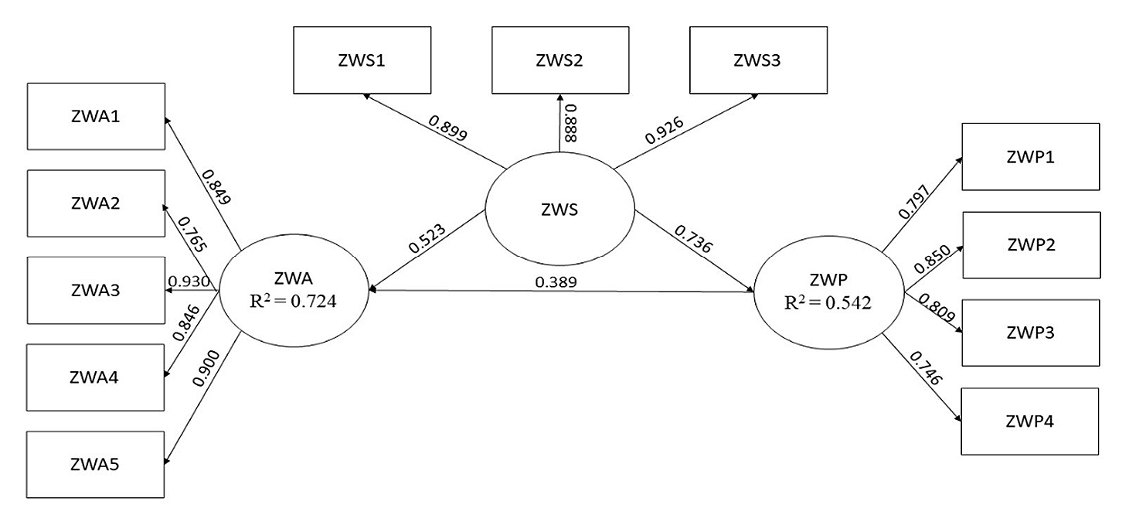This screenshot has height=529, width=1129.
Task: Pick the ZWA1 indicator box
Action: [x=96, y=116]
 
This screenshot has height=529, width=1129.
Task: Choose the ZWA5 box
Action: [x=96, y=464]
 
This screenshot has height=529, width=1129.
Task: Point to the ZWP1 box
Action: [x=1030, y=156]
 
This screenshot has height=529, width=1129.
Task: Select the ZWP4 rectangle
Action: [x=1030, y=421]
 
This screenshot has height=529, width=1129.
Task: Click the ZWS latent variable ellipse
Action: [x=559, y=209]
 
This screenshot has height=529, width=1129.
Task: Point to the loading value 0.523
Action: [x=426, y=242]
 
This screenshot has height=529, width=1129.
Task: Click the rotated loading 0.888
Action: [x=570, y=124]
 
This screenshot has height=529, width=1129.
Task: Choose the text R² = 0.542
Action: [x=828, y=303]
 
